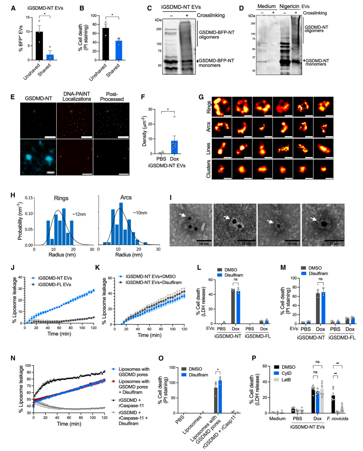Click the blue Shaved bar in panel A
(50, 57)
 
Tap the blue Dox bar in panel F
(174, 147)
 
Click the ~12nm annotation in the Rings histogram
(79, 214)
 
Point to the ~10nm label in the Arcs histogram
(140, 213)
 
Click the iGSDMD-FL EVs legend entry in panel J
(54, 284)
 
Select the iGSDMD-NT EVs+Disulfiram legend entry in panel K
(153, 282)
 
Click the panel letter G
(201, 97)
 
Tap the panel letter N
(13, 358)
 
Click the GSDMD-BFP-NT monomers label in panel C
(216, 63)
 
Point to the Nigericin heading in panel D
(289, 6)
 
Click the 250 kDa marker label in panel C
(159, 29)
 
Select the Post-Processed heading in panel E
(112, 97)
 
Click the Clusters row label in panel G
(209, 169)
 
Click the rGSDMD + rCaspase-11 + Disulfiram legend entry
(133, 418)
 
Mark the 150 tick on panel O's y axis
(172, 367)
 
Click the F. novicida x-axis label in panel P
(337, 418)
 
